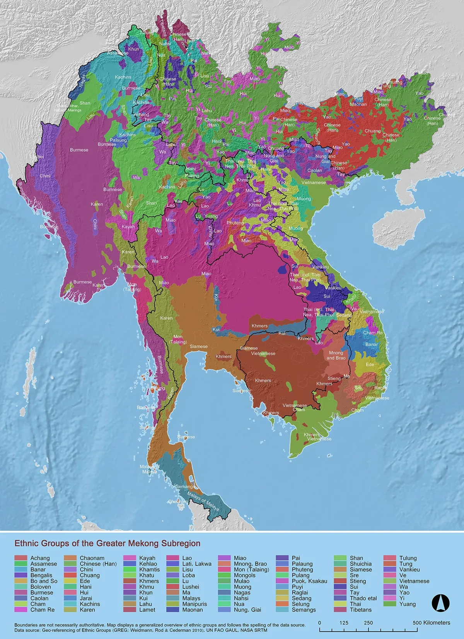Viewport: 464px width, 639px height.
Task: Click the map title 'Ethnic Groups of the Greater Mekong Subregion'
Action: tap(107, 543)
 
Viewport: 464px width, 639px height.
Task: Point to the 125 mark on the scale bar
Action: tap(344, 623)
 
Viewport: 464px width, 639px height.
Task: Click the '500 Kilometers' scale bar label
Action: tap(431, 623)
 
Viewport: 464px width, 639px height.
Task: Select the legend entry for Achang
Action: tap(40, 558)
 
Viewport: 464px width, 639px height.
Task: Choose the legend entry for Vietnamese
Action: tap(414, 581)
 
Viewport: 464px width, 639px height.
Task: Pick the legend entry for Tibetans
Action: tap(360, 610)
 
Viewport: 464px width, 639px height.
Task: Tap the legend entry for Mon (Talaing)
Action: tap(251, 569)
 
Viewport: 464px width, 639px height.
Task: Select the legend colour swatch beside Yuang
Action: tap(390, 604)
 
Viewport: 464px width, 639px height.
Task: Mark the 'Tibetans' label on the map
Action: tap(162, 28)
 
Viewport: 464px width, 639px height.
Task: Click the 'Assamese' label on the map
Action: tap(118, 53)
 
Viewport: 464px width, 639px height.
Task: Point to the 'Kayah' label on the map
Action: tap(128, 227)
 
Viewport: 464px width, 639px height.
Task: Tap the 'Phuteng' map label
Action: tap(235, 223)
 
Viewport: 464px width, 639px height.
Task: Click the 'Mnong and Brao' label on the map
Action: tap(336, 355)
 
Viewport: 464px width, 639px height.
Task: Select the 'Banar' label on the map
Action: tap(372, 344)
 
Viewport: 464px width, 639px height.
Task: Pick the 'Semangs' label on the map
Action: tap(185, 487)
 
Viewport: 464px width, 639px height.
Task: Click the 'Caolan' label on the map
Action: tap(315, 170)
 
